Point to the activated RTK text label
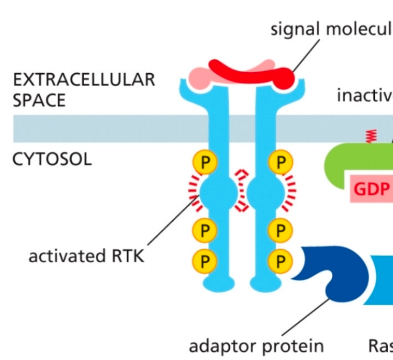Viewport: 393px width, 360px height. point(86,256)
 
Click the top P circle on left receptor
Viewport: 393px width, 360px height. point(205,163)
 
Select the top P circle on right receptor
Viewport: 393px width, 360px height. point(280,163)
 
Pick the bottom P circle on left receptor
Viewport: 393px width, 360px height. point(205,261)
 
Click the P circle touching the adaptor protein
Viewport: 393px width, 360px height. point(280,261)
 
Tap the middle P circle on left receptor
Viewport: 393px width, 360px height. point(205,231)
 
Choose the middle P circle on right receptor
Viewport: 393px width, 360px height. point(280,231)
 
